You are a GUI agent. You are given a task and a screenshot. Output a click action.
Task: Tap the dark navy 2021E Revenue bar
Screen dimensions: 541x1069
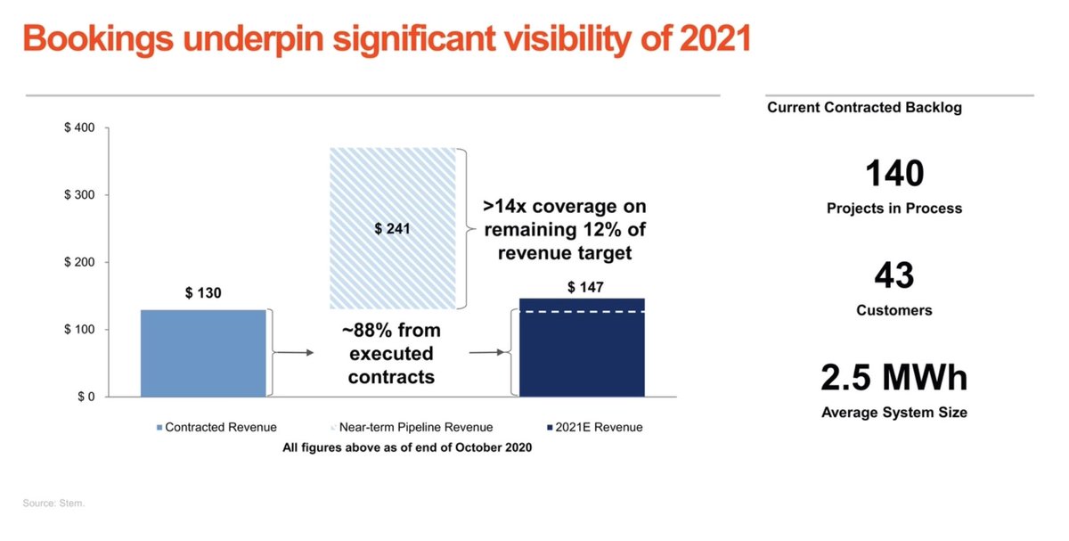(581, 357)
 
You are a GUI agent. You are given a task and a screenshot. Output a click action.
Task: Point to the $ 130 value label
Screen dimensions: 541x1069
(203, 293)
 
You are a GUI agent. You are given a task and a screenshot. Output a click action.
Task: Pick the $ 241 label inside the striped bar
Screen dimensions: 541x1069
(393, 229)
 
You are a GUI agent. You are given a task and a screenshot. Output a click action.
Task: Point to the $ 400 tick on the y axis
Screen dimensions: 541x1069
(80, 128)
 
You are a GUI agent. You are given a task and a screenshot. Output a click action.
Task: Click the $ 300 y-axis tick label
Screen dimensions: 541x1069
(80, 195)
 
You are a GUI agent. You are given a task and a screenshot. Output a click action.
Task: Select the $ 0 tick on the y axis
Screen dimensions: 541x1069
(86, 397)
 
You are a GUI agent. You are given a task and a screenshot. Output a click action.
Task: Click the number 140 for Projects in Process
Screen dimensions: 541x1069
(894, 173)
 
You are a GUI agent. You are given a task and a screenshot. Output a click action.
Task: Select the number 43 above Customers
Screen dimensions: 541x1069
(894, 275)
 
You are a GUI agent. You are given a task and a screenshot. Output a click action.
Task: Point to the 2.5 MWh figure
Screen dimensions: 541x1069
(894, 378)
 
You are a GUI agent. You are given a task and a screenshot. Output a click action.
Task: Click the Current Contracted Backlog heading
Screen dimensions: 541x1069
(864, 108)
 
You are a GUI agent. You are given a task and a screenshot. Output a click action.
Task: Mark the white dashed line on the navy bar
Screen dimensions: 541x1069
(581, 312)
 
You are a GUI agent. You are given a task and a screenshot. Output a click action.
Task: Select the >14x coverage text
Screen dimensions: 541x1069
(564, 207)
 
